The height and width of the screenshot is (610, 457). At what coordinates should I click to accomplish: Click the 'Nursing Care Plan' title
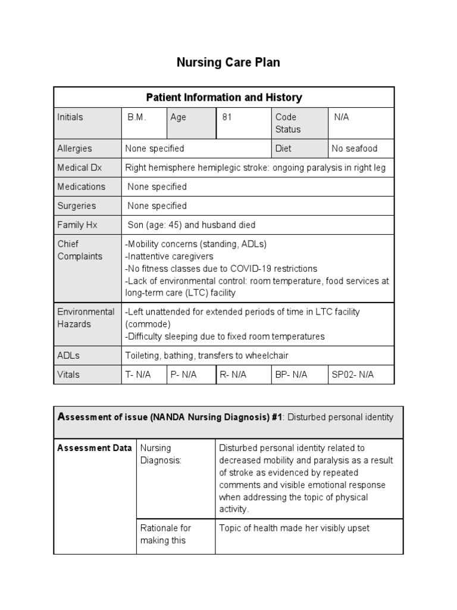click(228, 63)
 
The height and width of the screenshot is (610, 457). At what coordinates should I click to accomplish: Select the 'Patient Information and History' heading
click(224, 97)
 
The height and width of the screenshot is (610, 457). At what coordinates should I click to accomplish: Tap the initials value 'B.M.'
click(136, 117)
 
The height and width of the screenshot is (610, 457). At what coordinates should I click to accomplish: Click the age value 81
click(227, 117)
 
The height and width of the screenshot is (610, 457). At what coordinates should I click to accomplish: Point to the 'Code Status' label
click(288, 123)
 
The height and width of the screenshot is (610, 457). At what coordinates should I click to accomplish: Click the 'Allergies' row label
click(74, 148)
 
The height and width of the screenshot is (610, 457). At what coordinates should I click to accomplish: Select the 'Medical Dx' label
click(79, 167)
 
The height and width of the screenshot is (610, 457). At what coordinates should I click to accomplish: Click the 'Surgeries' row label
click(76, 206)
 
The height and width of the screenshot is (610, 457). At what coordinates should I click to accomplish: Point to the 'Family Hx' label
click(77, 225)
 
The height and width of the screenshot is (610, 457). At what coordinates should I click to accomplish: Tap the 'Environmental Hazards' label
click(86, 318)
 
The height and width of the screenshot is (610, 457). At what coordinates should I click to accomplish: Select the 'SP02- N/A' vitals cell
click(353, 375)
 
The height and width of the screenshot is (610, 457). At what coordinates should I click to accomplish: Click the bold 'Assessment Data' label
click(94, 448)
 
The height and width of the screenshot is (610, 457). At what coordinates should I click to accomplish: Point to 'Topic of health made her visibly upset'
click(294, 528)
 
